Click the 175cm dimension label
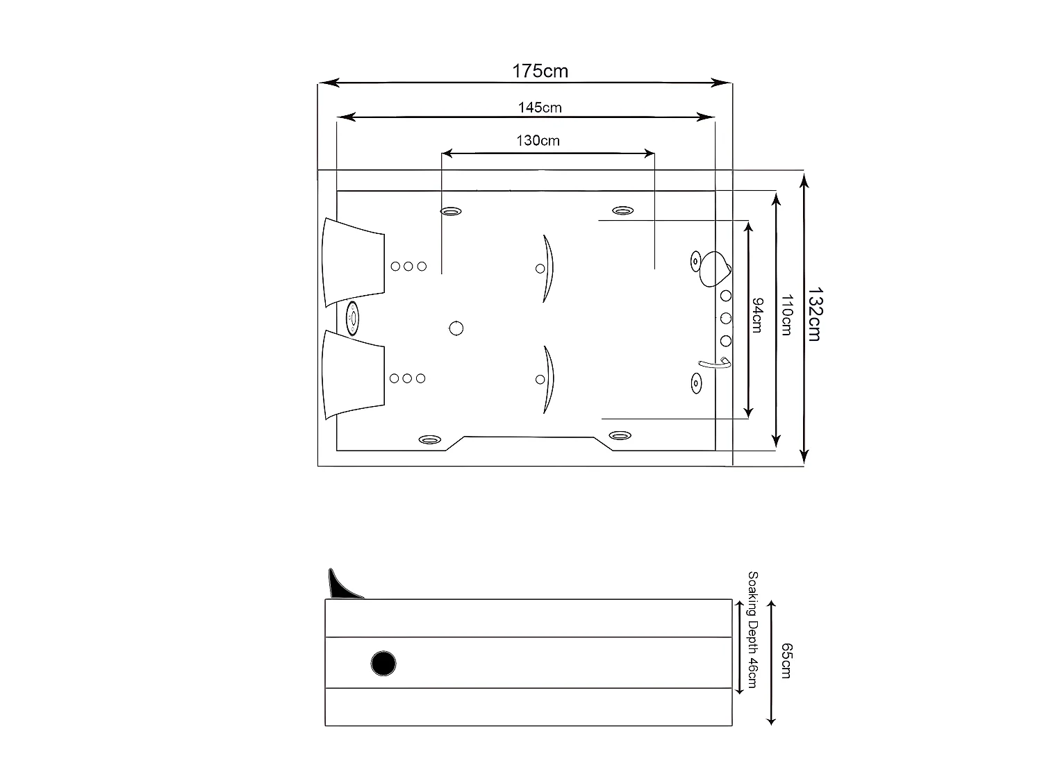point(540,71)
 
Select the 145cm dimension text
point(540,108)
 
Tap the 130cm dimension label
point(538,140)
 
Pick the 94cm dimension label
point(757,315)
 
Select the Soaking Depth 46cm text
point(752,630)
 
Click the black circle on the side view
point(383,664)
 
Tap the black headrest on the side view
point(342,585)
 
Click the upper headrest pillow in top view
point(353,262)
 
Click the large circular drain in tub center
point(456,328)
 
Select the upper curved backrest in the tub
point(548,268)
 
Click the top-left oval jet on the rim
point(452,211)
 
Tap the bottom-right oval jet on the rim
point(620,436)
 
